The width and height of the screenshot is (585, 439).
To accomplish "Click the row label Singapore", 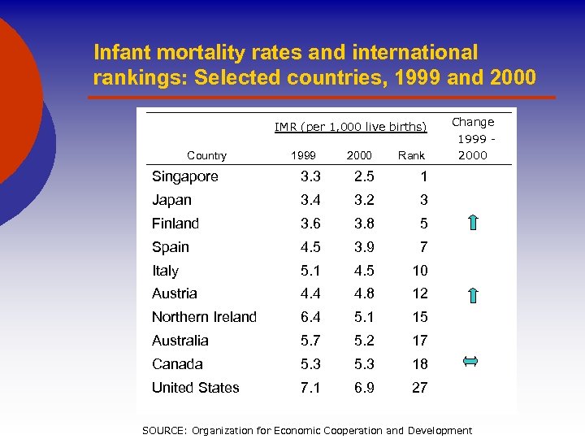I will point(184,176).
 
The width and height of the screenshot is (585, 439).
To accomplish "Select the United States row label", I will point(195,388).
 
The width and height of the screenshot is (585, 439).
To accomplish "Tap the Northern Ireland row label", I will point(204,317).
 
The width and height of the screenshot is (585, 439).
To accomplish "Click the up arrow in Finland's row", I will point(473,224).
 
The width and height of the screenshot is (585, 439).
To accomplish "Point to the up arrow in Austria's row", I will point(473,294).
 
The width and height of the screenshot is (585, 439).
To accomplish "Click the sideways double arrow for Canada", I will point(470,363).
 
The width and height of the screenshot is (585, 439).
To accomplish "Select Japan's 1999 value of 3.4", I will point(310,200).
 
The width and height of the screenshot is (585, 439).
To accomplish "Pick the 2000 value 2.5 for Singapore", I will point(363,176).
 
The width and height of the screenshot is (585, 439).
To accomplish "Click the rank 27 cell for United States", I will point(419,388).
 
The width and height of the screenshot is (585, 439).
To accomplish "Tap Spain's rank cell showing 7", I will point(423,247).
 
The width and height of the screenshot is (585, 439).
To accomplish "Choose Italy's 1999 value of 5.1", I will point(310,271).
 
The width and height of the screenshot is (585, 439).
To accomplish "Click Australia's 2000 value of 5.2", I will point(363,341).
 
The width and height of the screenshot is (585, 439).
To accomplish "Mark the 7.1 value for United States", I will point(310,388).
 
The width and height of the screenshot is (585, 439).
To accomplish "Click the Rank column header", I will point(411,155).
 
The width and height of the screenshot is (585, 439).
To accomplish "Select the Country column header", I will point(206,155).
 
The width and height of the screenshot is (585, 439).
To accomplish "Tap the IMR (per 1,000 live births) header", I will point(350,126).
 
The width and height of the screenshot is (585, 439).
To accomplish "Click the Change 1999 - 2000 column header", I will point(473,138).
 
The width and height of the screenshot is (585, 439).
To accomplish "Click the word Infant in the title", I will point(123,53).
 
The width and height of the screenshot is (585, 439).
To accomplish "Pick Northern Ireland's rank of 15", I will point(419,317).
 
